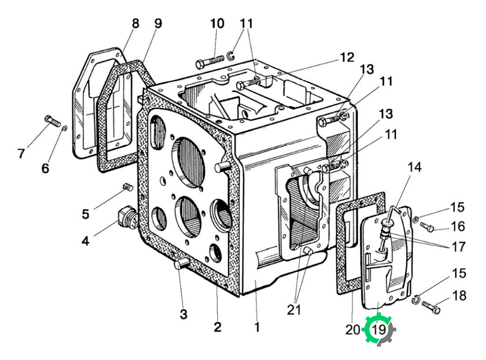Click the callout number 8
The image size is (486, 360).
pos(135,23)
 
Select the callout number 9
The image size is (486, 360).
pos(158,23)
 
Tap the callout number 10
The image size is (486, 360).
pos(217,23)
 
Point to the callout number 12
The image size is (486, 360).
pos(347,58)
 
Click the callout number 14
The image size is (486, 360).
pos(415,167)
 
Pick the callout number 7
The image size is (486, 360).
pos(20,153)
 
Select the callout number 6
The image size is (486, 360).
pos(45,168)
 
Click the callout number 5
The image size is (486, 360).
pos(85,214)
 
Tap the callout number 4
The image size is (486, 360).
pos(85,240)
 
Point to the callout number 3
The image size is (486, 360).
pos(183,314)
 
